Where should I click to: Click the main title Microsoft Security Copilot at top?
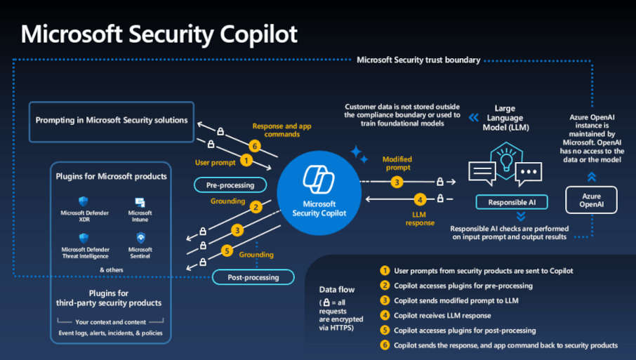pos(159,33)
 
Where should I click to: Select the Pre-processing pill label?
pos(230,185)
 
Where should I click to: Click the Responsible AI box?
pos(512,202)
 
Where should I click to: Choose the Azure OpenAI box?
pos(591,199)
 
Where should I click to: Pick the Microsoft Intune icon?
pos(140,202)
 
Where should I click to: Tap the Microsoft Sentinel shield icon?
pos(140,238)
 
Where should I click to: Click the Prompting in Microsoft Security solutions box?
pos(112,120)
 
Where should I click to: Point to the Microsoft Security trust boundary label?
pos(418,60)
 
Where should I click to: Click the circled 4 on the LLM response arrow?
pos(420,199)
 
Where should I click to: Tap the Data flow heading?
pos(336,288)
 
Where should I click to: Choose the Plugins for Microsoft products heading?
pos(111,176)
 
